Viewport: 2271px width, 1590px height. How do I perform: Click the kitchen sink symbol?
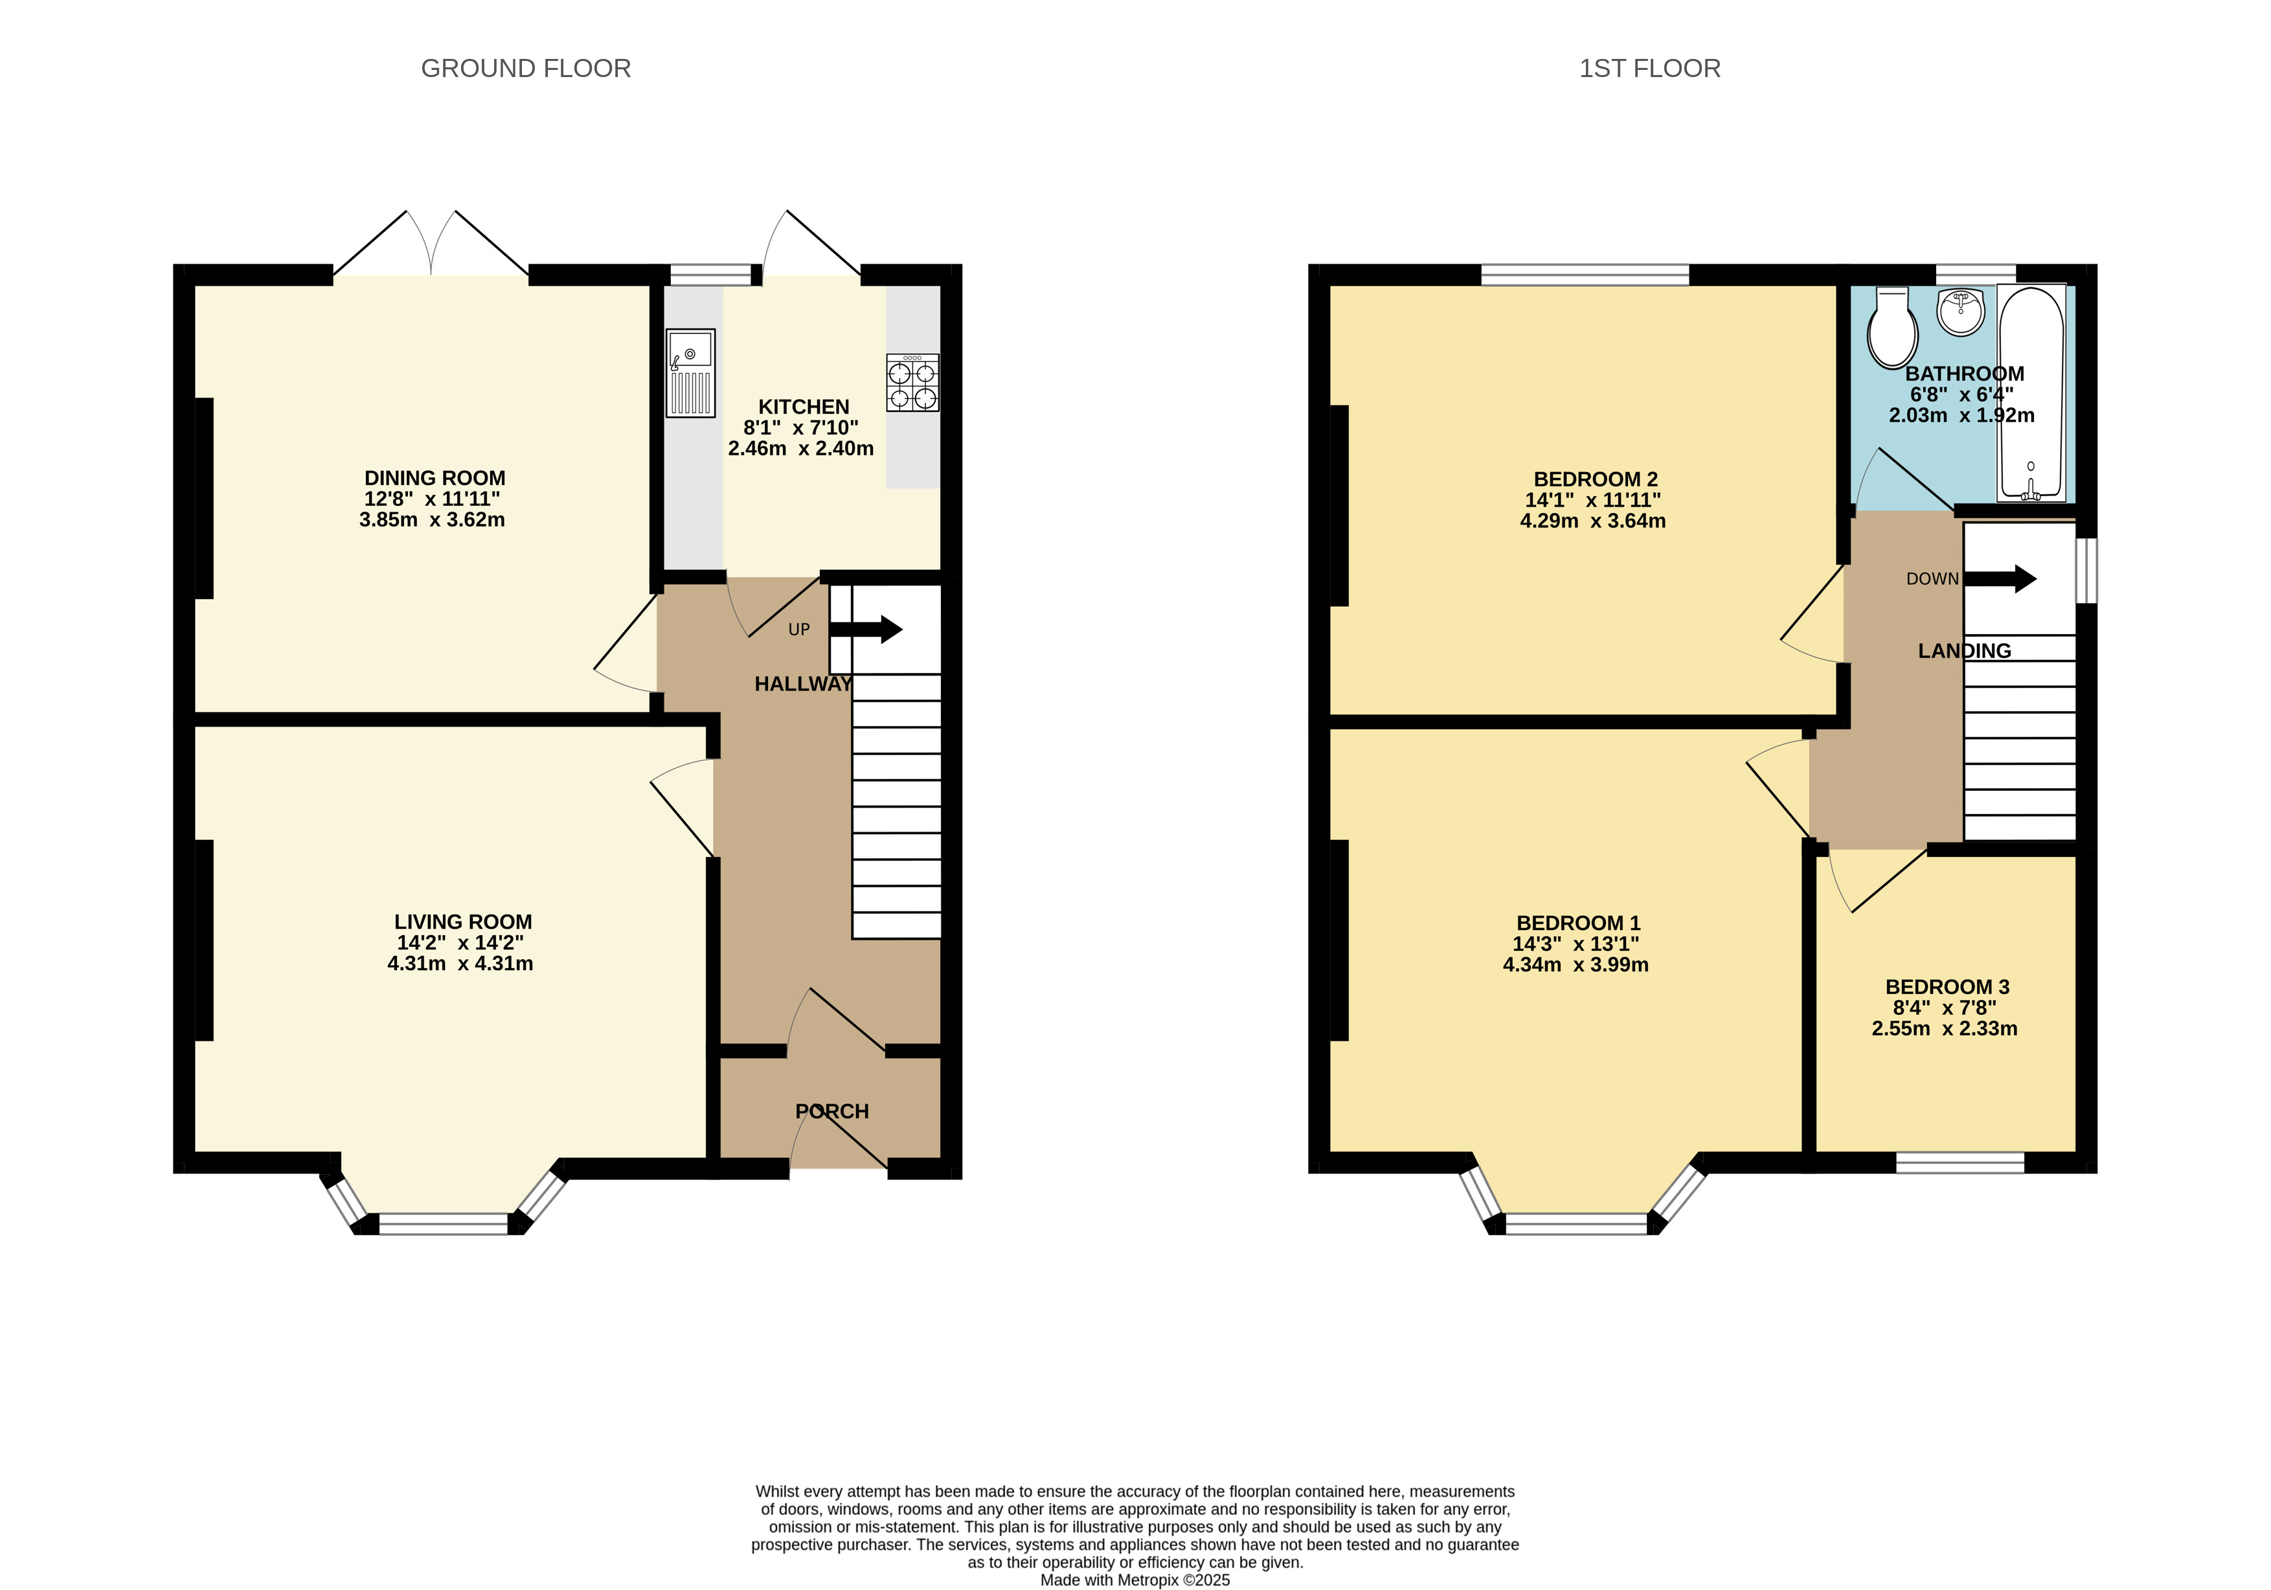click(690, 373)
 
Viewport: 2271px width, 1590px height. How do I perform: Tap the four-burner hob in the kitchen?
click(912, 383)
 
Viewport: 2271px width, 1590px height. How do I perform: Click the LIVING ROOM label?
click(463, 921)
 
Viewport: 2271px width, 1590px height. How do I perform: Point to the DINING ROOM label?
click(435, 478)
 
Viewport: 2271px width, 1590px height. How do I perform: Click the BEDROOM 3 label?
click(1947, 986)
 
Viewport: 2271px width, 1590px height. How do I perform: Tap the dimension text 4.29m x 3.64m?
click(1592, 521)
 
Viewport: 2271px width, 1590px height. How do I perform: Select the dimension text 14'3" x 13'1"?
click(1576, 944)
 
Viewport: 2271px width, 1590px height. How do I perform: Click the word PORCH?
click(832, 1111)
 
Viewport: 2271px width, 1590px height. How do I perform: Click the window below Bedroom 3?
click(1960, 1163)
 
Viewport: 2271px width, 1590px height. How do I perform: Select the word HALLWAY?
click(803, 684)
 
